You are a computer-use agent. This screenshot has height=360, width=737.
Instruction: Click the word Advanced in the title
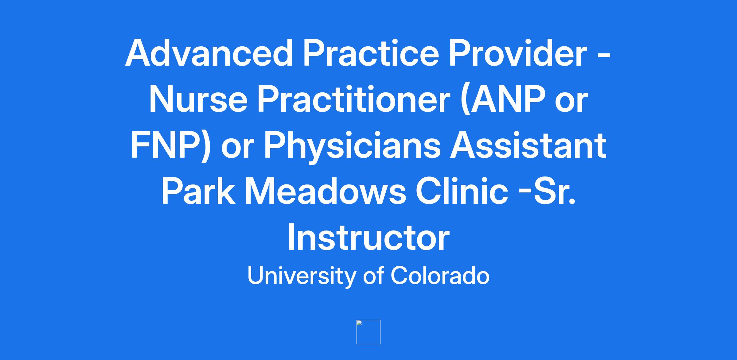tap(209, 53)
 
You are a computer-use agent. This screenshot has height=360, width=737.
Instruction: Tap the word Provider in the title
tap(518, 53)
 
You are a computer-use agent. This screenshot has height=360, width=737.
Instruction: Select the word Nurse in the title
tap(198, 99)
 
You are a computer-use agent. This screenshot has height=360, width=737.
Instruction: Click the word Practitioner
tap(353, 99)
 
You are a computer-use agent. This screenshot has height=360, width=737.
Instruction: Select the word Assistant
tap(528, 145)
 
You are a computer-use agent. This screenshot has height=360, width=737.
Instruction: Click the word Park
tap(198, 191)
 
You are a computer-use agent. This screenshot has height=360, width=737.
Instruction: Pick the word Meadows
tap(326, 191)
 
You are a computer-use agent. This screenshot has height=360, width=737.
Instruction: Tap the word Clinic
tap(462, 191)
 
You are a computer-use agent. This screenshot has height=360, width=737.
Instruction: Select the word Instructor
tap(368, 237)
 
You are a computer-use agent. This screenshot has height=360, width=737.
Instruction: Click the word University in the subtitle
tap(301, 275)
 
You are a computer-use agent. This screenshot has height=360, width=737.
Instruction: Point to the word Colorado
tap(440, 275)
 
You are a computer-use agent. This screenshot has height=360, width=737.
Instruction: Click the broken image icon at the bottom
tap(368, 332)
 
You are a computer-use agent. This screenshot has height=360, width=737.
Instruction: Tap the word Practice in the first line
tap(371, 53)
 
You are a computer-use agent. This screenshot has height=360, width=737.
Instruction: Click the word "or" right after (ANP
tap(571, 103)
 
